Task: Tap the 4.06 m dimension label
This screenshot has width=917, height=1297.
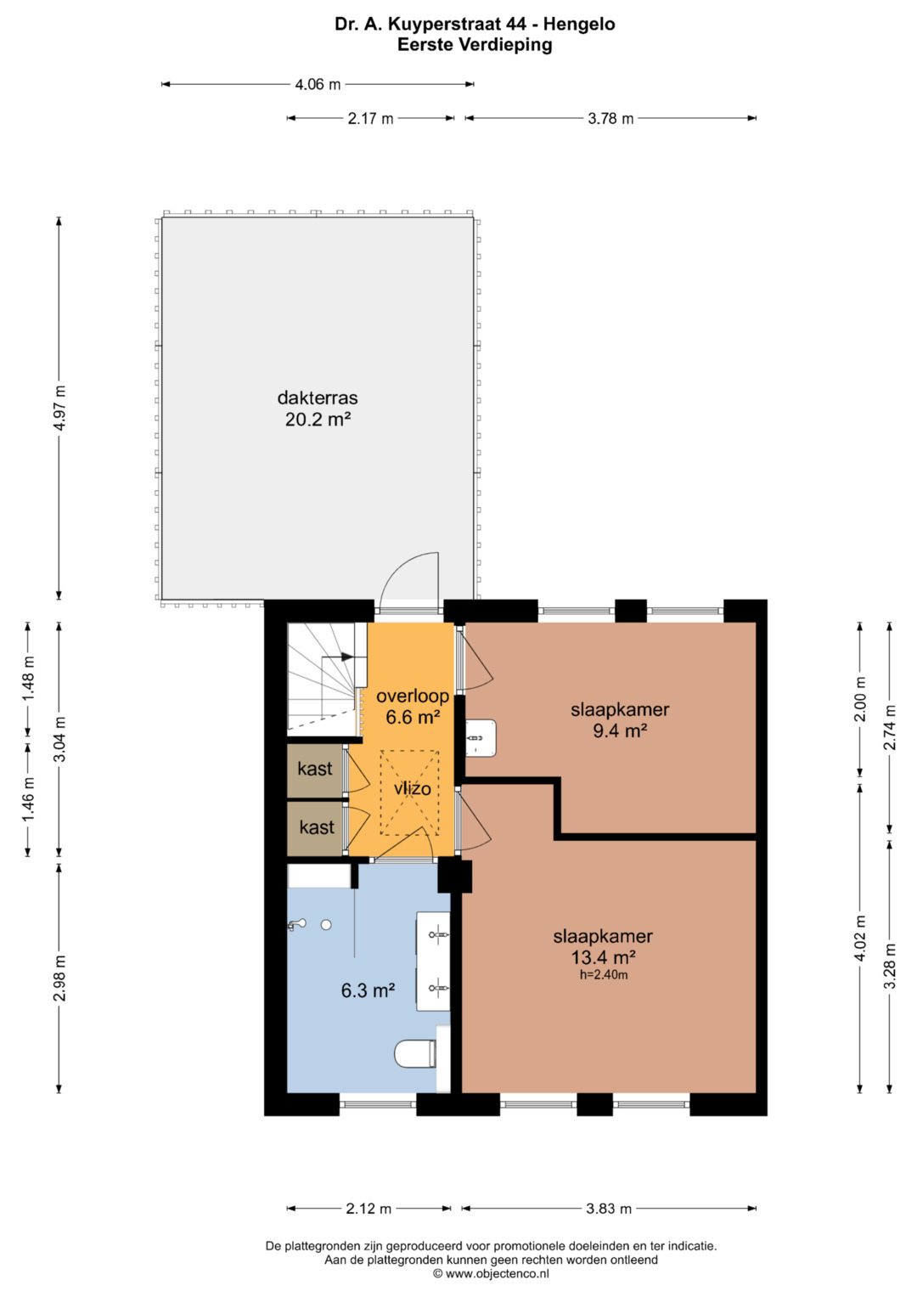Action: (318, 85)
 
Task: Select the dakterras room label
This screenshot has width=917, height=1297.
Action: (318, 398)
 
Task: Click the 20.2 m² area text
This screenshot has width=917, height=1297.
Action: (318, 420)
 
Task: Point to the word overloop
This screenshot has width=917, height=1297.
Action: (413, 696)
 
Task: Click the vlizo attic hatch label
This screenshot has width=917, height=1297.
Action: (413, 788)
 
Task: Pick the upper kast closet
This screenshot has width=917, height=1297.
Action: (316, 770)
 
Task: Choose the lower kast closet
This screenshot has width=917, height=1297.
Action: (316, 828)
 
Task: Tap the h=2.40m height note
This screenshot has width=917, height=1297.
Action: (604, 974)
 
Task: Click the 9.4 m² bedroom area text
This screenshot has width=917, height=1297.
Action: (620, 730)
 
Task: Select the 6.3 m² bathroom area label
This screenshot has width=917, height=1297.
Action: (368, 990)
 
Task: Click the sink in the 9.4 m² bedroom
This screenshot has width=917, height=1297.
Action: (481, 737)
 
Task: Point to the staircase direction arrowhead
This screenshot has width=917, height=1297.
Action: (347, 657)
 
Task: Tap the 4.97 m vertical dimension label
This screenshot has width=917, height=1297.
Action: (59, 408)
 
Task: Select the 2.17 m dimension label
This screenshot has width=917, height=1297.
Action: (370, 119)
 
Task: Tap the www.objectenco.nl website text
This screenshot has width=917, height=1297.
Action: (497, 1273)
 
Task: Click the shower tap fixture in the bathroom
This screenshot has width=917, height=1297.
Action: (297, 925)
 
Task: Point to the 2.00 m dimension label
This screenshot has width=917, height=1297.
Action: (860, 699)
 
